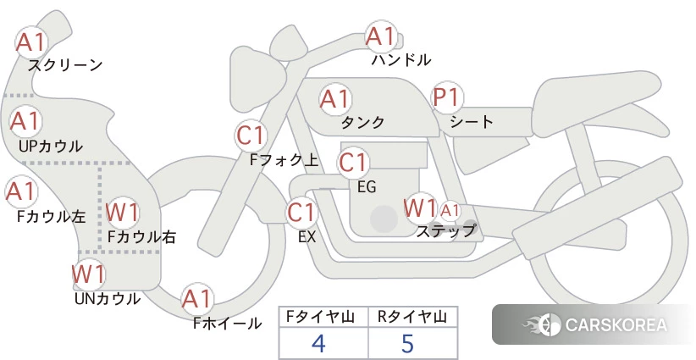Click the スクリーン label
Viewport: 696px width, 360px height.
pyautogui.click(x=65, y=66)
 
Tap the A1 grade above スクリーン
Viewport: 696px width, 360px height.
pyautogui.click(x=31, y=42)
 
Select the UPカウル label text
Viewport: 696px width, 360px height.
pyautogui.click(x=51, y=146)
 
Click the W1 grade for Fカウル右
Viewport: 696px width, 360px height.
pyautogui.click(x=123, y=213)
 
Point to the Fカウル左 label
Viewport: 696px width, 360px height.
pyautogui.click(x=51, y=216)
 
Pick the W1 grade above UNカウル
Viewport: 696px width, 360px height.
pyautogui.click(x=89, y=274)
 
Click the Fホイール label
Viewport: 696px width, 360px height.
pyautogui.click(x=227, y=324)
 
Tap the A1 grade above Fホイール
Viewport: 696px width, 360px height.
pyautogui.click(x=196, y=300)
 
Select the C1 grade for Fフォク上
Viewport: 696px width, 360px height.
pyautogui.click(x=251, y=136)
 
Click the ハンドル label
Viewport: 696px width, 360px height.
pyautogui.click(x=401, y=59)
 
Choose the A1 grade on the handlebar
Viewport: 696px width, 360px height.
pyautogui.click(x=381, y=36)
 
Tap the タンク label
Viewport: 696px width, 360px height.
pyautogui.click(x=362, y=122)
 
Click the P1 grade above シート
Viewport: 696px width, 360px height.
pyautogui.click(x=447, y=97)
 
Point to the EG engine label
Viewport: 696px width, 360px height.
pyautogui.click(x=367, y=187)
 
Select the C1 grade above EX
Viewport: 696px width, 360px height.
pyautogui.click(x=301, y=212)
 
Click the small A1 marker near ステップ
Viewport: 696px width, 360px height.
pyautogui.click(x=450, y=211)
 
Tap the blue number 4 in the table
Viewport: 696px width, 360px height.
pyautogui.click(x=318, y=343)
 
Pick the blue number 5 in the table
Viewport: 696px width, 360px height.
pyautogui.click(x=407, y=343)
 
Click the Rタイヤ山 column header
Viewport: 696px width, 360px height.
pyautogui.click(x=412, y=317)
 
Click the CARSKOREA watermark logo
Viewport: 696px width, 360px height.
pyautogui.click(x=594, y=324)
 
